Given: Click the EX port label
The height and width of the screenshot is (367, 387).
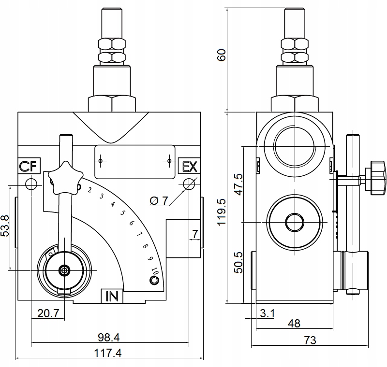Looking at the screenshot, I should [189, 167].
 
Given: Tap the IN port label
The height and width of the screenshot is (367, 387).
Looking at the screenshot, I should [111, 296].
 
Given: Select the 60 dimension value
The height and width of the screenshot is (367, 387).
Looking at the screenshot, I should [222, 55].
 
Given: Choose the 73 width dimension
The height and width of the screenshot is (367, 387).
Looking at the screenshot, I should [310, 340].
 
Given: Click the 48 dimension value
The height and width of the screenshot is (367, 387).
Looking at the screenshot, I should [294, 323].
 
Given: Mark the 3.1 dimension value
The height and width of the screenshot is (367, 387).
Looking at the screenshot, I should [267, 313].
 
